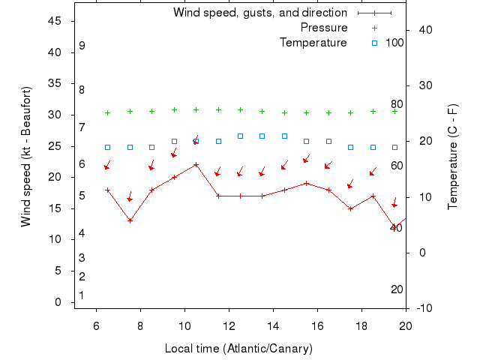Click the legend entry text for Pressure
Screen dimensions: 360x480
pos(324,28)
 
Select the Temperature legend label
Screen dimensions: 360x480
pos(313,43)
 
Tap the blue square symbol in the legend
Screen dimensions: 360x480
pos(374,43)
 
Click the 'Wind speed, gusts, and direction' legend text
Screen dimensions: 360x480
pos(259,13)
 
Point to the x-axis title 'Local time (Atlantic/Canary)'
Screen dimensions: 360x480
pos(238,349)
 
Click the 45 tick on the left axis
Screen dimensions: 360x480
pos(55,21)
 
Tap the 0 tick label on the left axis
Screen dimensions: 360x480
pos(58,302)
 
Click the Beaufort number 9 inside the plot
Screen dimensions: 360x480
pos(82,46)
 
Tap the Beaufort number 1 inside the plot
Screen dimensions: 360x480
pos(82,295)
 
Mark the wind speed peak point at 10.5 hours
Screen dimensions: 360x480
pos(196,165)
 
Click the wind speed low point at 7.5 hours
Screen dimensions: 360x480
pos(130,220)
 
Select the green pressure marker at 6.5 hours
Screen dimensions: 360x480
pos(108,112)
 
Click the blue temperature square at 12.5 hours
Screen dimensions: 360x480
pos(240,136)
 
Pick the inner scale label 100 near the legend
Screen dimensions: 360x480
pos(394,43)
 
